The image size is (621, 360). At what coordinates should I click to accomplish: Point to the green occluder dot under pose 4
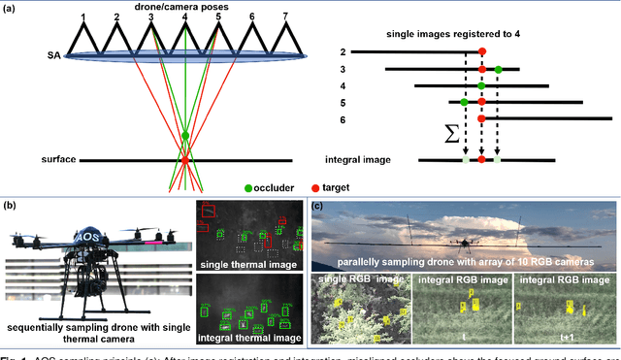185,135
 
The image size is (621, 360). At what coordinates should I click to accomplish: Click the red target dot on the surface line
185,158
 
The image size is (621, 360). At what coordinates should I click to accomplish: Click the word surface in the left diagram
64,158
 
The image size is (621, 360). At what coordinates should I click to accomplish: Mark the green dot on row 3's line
498,69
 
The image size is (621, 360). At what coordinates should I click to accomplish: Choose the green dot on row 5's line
465,101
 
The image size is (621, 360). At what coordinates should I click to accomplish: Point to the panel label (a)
12,9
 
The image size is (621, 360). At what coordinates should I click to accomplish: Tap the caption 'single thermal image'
245,264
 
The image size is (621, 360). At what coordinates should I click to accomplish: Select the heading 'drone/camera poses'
184,6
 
